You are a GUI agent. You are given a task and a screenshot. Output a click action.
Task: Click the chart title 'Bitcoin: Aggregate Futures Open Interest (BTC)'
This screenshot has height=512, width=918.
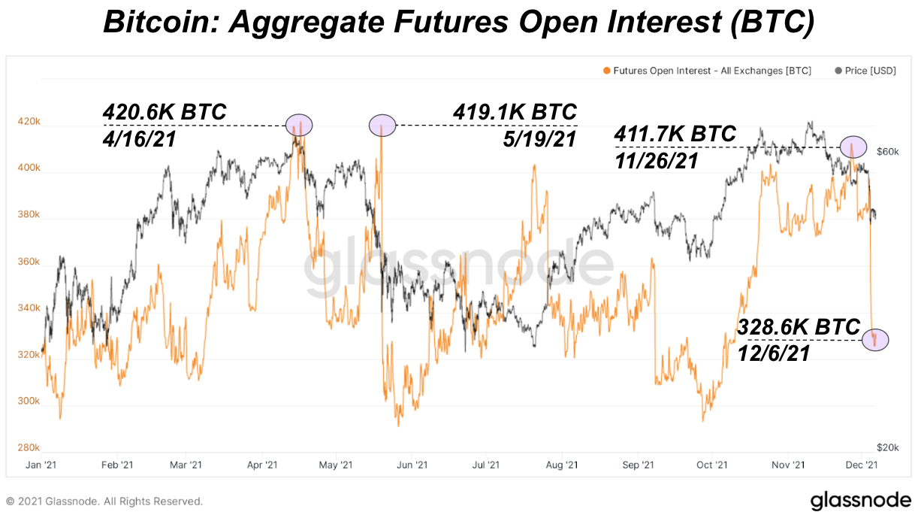[x=458, y=23]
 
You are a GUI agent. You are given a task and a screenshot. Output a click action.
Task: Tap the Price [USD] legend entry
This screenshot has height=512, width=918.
[x=866, y=71]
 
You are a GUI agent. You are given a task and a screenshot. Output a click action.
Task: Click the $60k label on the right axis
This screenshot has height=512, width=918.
[x=889, y=151]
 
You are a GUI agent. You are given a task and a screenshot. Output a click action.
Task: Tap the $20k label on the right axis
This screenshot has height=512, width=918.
[x=889, y=447]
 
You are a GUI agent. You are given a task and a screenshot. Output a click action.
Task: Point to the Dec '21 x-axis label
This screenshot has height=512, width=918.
[x=868, y=465]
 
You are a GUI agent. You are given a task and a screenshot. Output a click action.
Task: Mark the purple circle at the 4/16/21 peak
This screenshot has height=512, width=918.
[x=299, y=125]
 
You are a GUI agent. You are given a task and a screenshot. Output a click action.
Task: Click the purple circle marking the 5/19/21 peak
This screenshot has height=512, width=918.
[x=382, y=125]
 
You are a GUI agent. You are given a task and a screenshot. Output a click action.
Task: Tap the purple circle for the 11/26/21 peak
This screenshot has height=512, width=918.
[x=853, y=147]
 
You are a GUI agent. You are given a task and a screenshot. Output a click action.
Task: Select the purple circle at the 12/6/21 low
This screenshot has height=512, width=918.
[x=875, y=340]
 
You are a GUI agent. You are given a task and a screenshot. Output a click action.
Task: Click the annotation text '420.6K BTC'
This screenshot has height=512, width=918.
[x=165, y=113]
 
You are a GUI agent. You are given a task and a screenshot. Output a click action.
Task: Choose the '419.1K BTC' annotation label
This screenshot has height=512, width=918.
[x=515, y=113]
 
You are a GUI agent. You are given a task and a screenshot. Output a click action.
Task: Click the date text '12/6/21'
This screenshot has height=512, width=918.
[x=773, y=353]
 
